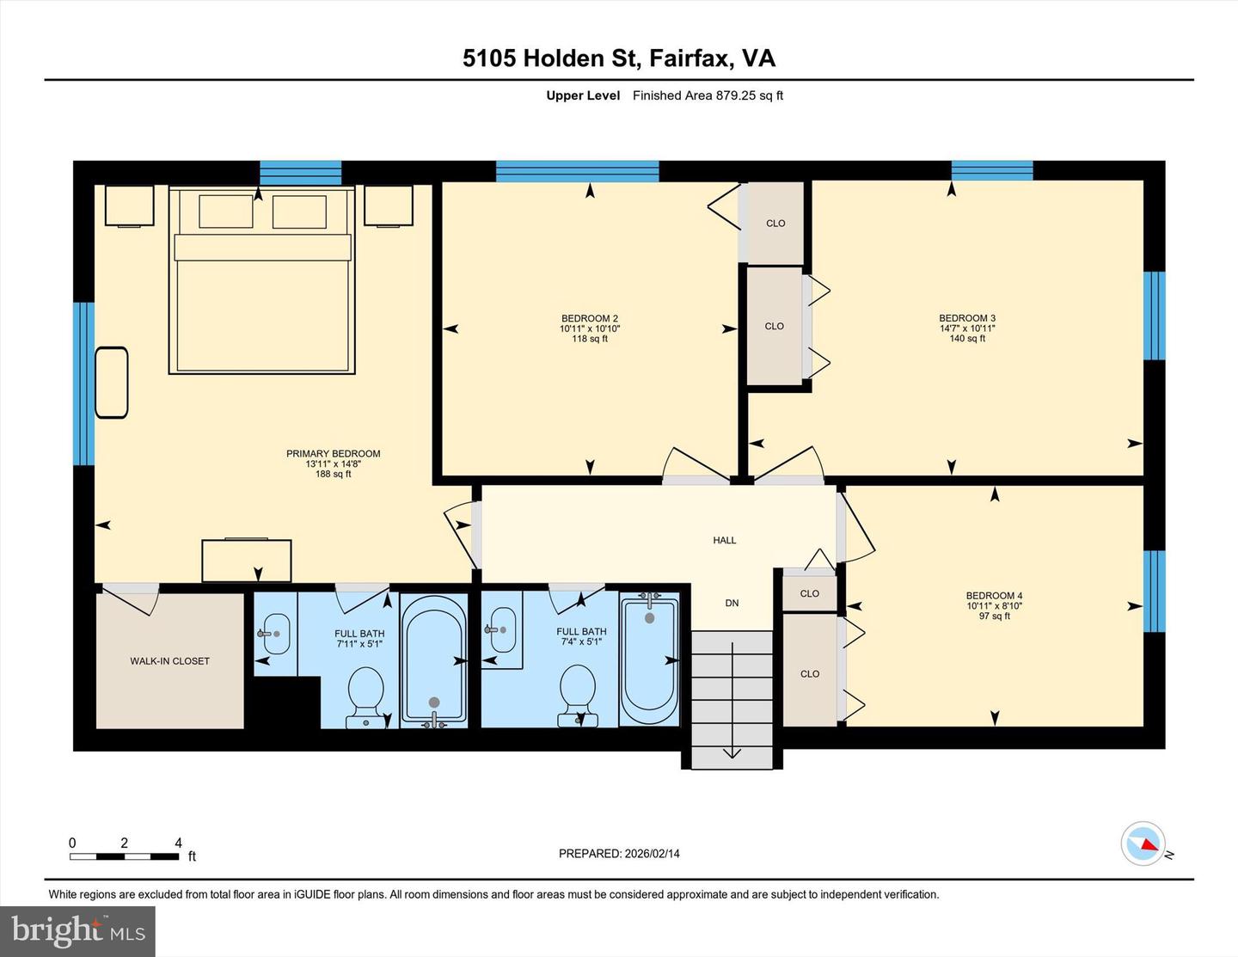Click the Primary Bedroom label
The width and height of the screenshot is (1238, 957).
[333, 454]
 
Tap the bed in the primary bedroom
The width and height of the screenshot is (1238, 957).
[262, 292]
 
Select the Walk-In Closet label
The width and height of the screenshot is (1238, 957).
[169, 661]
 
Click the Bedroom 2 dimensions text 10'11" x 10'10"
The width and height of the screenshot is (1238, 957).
[590, 328]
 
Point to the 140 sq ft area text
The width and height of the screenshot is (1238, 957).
[967, 339]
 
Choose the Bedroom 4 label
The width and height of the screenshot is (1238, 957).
[994, 596]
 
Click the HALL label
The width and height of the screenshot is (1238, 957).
[724, 540]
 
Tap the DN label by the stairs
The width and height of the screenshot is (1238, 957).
[732, 603]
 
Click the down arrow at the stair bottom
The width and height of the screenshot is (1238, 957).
[732, 751]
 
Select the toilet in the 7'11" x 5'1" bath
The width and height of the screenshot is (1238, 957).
[365, 693]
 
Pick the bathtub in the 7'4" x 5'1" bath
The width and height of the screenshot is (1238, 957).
[650, 658]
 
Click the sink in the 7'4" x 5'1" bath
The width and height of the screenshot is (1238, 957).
[502, 629]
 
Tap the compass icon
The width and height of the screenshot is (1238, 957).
[1144, 844]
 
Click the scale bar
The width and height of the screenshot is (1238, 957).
[125, 856]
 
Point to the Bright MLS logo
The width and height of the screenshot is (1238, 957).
[77, 931]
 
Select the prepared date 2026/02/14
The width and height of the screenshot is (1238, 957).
[619, 854]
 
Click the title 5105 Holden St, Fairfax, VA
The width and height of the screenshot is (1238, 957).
[619, 58]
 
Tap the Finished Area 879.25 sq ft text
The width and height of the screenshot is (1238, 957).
[708, 95]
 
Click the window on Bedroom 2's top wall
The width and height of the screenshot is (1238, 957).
[577, 171]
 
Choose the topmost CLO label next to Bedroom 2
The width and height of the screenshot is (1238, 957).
[775, 224]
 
